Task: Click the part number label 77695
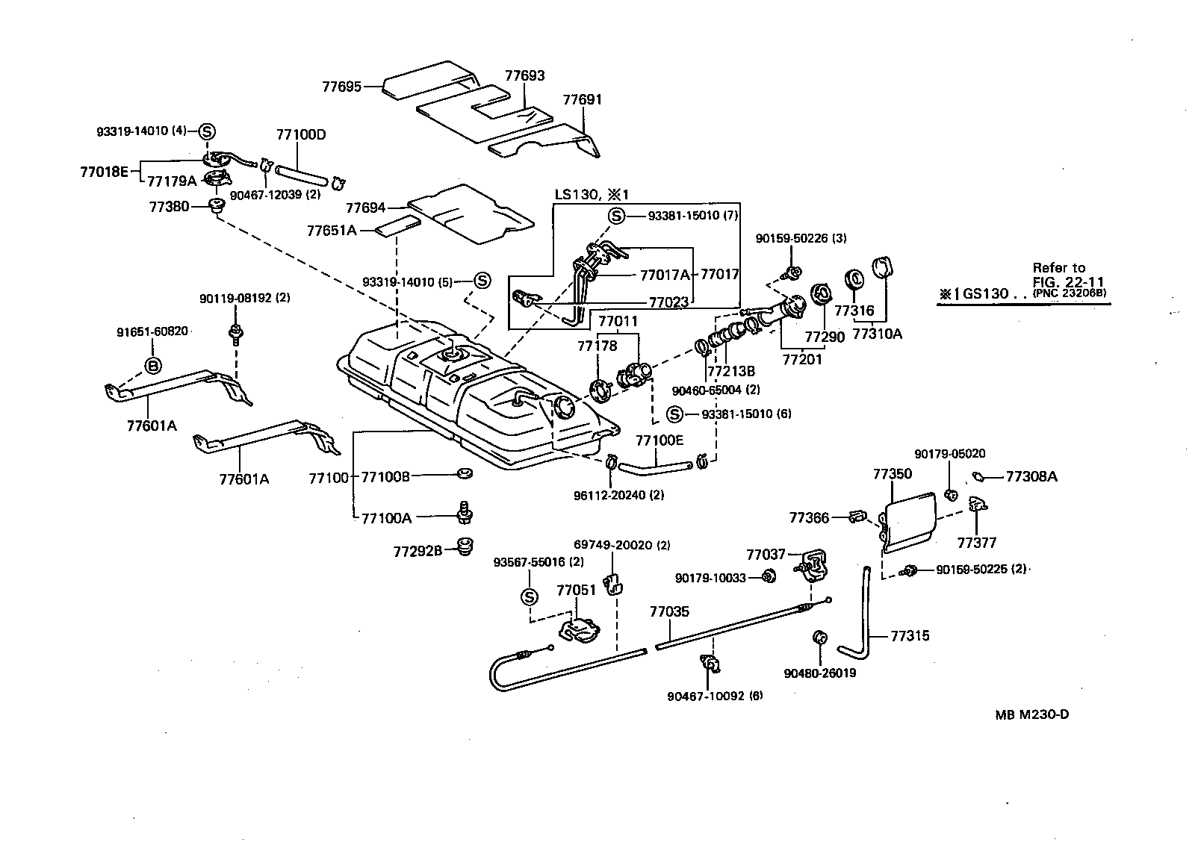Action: [x=341, y=87]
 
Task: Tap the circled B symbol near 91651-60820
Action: [x=152, y=366]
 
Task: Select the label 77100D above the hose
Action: [x=300, y=135]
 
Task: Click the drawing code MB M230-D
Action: [x=1031, y=714]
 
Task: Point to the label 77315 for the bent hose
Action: [x=910, y=636]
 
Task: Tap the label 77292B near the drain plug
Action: [x=418, y=551]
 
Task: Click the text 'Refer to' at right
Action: [x=1058, y=267]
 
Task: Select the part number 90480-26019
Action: [x=820, y=673]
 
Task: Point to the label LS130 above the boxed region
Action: [x=576, y=195]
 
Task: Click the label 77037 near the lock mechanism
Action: [x=766, y=554]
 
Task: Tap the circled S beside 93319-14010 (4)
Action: [x=207, y=131]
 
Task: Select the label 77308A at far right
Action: [x=1031, y=476]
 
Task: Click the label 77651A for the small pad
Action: [x=331, y=231]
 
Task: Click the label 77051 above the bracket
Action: [x=576, y=591]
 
